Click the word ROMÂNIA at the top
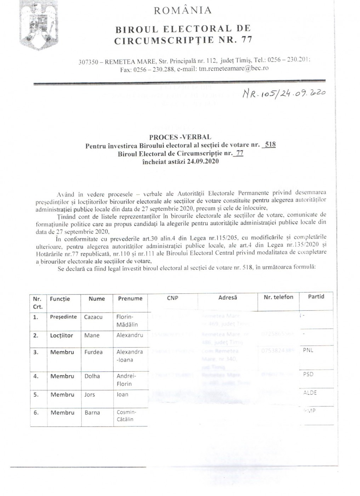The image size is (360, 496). (x=183, y=11)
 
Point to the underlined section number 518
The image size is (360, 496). (x=270, y=145)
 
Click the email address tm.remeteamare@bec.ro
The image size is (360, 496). (x=234, y=68)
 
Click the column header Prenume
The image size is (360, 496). (x=130, y=299)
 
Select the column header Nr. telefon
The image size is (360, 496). (x=279, y=297)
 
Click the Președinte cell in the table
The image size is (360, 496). (x=63, y=317)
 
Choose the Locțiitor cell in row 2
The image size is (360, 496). (x=62, y=335)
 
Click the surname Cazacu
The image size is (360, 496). (x=93, y=317)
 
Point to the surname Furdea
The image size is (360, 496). (x=93, y=352)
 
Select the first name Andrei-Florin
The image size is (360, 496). (x=124, y=380)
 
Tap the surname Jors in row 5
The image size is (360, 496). (x=90, y=395)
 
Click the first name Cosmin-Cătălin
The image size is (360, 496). (x=126, y=416)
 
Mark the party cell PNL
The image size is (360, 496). (x=308, y=350)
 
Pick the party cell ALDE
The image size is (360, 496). (x=310, y=393)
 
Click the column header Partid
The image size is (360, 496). (x=316, y=297)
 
